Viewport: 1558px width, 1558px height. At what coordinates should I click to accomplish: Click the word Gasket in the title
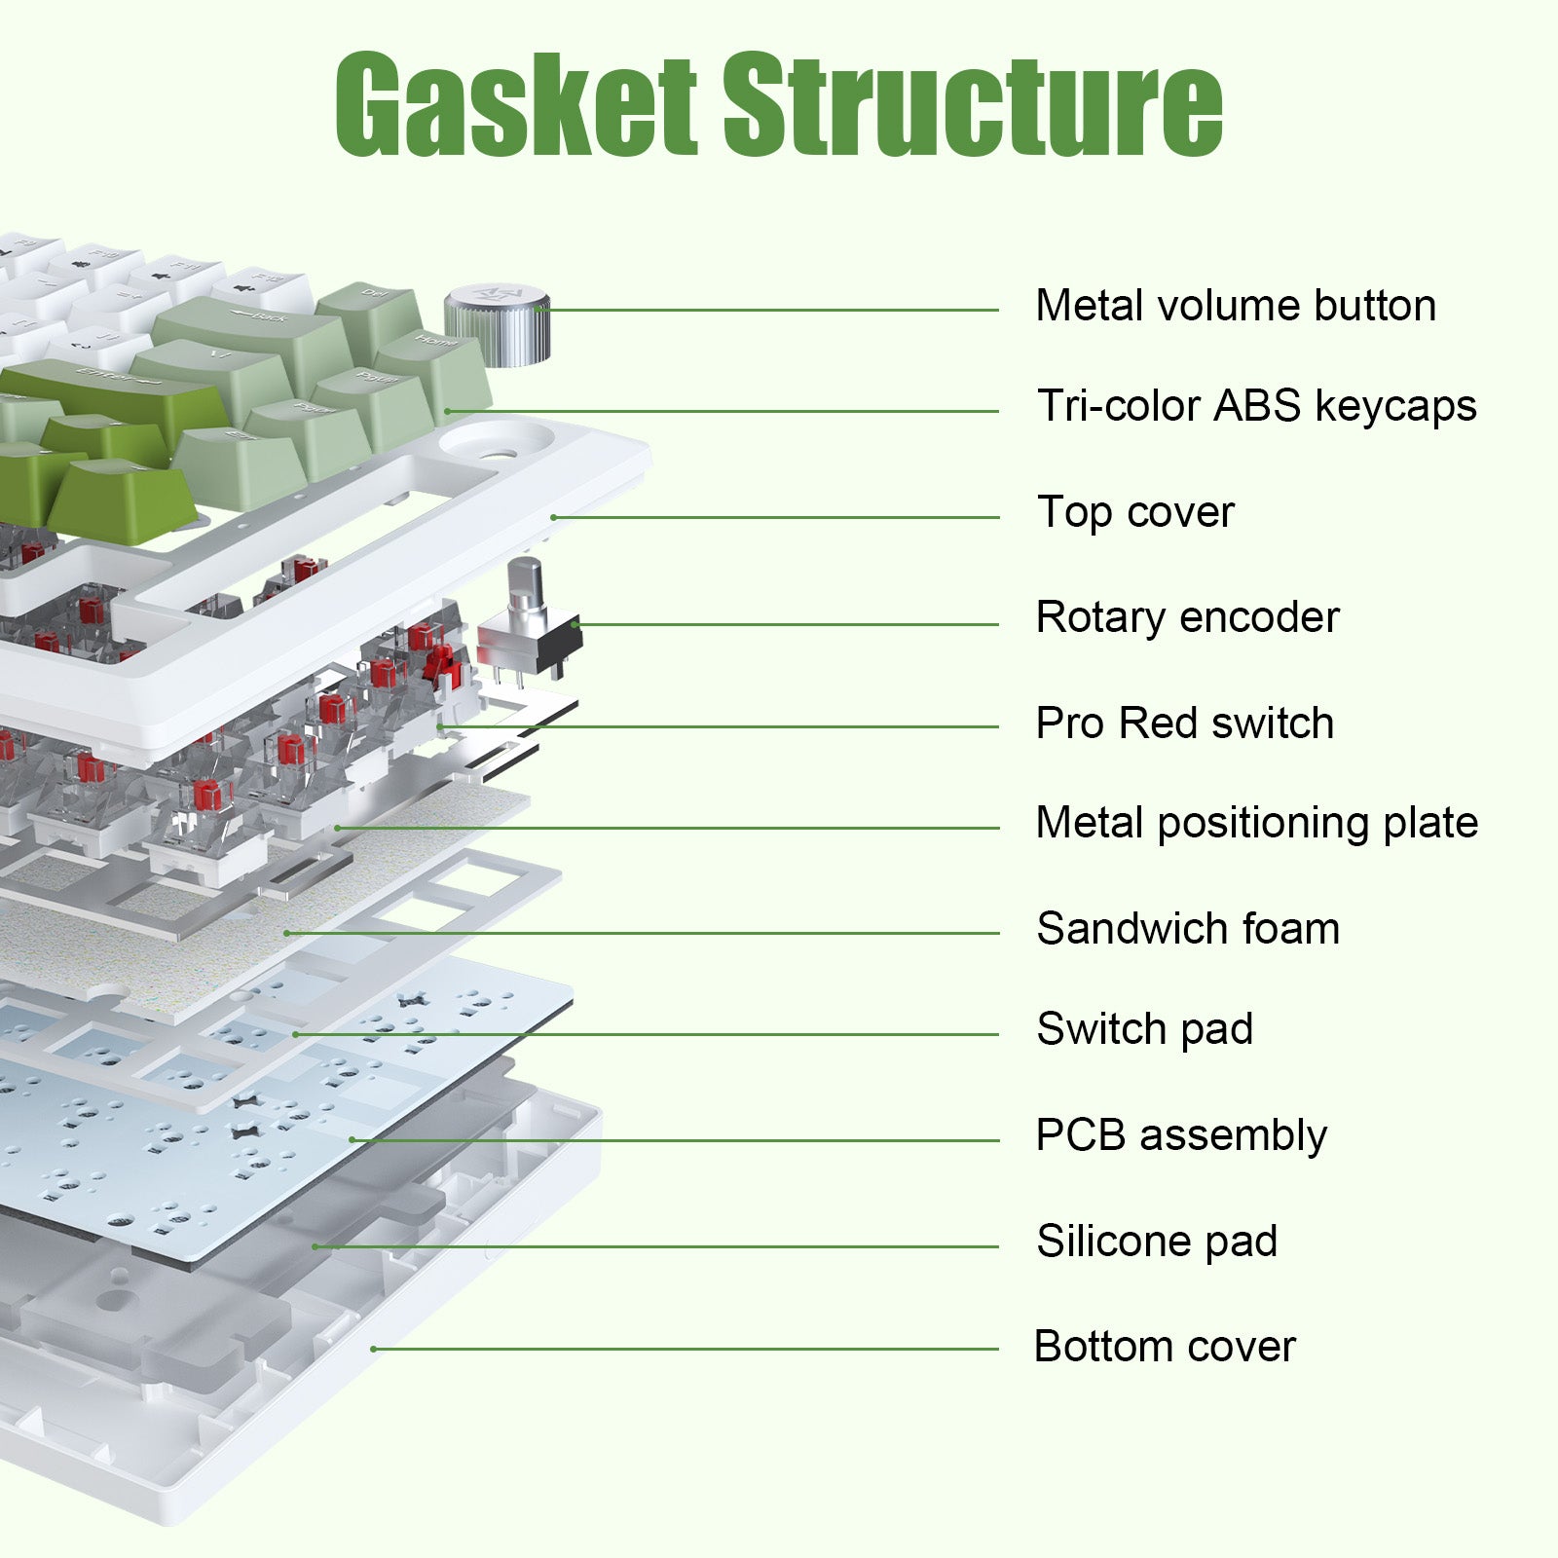coord(516,105)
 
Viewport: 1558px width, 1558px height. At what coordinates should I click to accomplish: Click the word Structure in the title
coord(972,105)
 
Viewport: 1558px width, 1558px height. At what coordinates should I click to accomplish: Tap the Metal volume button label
coord(1236,306)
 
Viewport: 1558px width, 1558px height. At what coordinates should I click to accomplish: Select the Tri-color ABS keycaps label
coord(1256,407)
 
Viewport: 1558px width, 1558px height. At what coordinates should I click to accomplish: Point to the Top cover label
coord(1135,513)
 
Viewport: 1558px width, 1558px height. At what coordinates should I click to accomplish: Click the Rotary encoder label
coord(1187,618)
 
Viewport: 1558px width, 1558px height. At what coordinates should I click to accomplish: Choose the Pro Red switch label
coord(1184,723)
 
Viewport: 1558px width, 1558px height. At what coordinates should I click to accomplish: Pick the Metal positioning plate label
coord(1256,824)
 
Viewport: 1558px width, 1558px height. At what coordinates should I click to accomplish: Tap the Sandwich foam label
coord(1188,929)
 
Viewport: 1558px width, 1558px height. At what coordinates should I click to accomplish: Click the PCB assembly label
coord(1181,1135)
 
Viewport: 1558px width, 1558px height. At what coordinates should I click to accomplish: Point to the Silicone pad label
coord(1157,1242)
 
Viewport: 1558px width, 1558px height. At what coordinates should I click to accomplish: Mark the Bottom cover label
coord(1165,1347)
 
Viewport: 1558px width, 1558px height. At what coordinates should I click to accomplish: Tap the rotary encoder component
coord(529,623)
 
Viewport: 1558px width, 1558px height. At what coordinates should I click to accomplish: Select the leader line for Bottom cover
coord(682,1349)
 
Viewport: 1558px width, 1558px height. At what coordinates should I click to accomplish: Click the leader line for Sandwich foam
coord(643,933)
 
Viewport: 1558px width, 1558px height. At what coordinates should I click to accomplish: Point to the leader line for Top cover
coord(779,517)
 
